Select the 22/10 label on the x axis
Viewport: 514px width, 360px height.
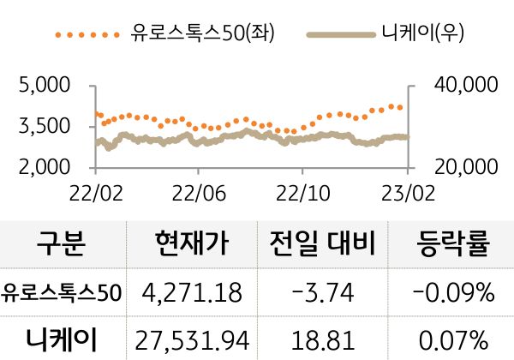point(302,189)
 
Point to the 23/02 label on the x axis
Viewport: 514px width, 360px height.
point(406,189)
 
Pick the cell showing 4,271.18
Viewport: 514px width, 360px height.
point(193,293)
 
